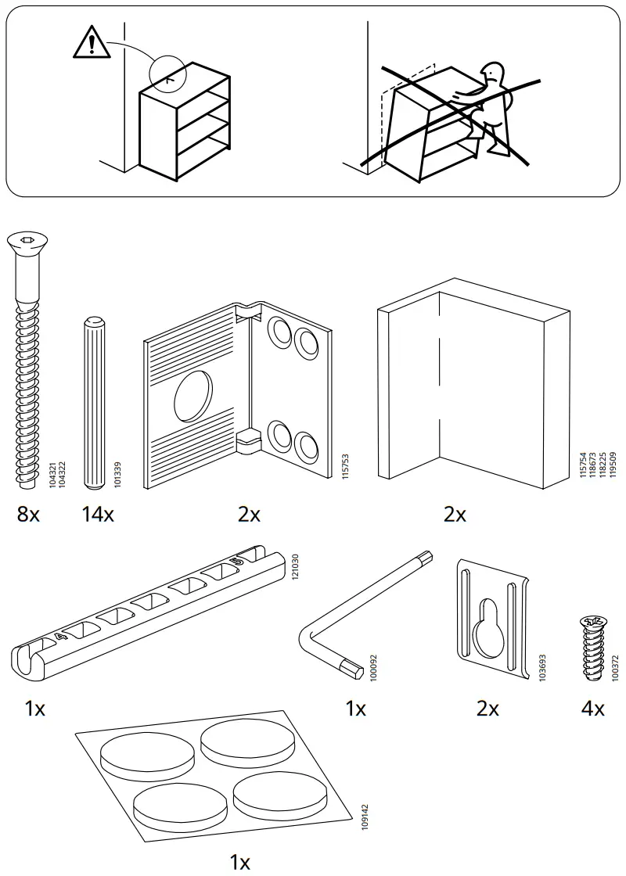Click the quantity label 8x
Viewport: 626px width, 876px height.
tap(27, 515)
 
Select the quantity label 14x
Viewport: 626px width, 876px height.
tap(97, 515)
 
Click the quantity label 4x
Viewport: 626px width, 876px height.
tap(593, 709)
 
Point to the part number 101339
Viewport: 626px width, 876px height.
tap(118, 474)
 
